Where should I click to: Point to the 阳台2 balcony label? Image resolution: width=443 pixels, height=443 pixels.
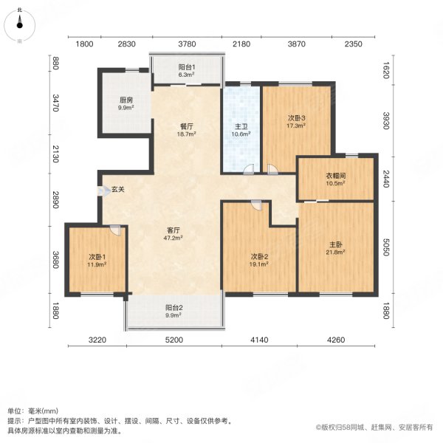[x=174, y=309]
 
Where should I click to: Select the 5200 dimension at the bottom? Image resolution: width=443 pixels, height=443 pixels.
[x=174, y=339]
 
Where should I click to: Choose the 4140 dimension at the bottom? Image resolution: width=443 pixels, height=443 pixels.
[x=259, y=339]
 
